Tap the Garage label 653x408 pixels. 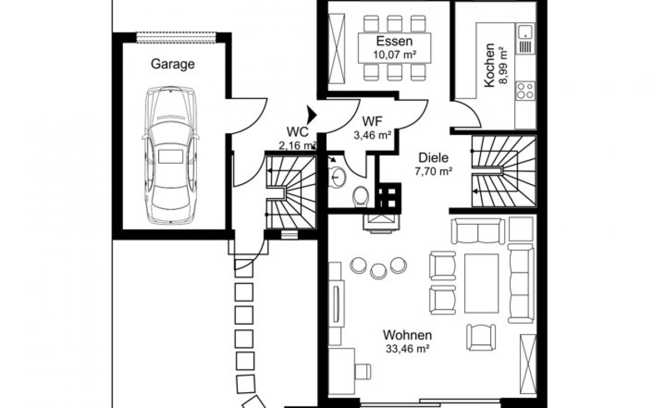click(172, 64)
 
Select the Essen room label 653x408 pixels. click(394, 41)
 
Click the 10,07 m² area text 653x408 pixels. click(394, 54)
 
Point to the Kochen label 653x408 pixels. click(489, 65)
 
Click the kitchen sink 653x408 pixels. click(525, 32)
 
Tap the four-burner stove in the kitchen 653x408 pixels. click(525, 91)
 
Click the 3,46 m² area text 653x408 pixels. click(372, 135)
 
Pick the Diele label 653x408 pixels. click(434, 158)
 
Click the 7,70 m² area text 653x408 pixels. click(434, 171)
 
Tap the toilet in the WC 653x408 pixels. click(361, 195)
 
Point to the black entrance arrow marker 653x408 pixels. click(311, 114)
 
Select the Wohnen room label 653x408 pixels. click(408, 336)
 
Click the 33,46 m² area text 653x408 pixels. click(408, 349)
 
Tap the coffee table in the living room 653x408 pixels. click(481, 283)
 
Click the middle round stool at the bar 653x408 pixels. click(378, 270)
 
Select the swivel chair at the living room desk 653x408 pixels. click(363, 371)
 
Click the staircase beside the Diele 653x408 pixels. click(504, 171)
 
